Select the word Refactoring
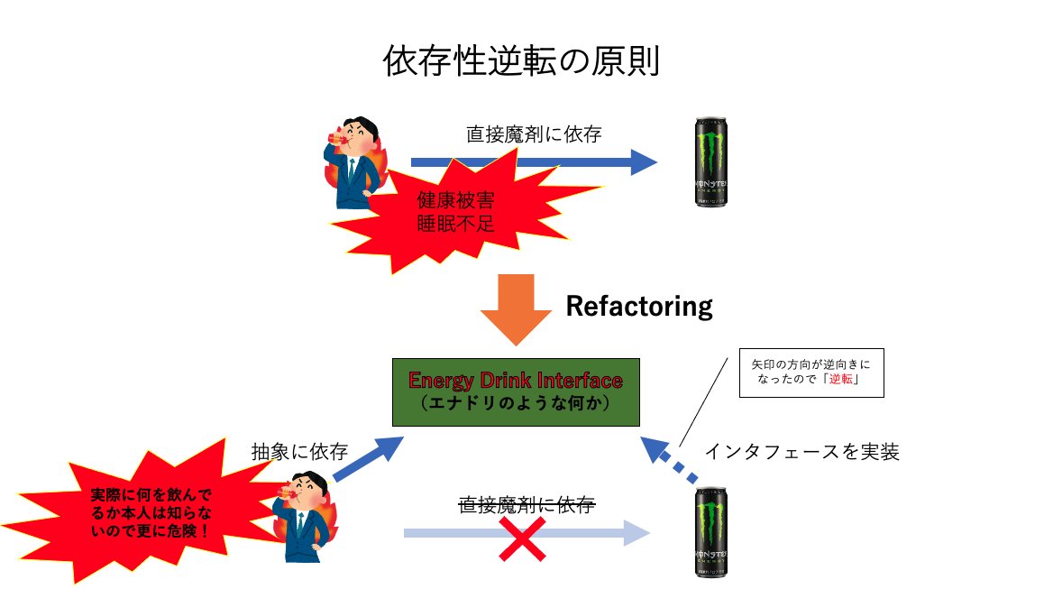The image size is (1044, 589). point(638,307)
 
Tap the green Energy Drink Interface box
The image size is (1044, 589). point(516,391)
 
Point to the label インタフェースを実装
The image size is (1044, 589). point(801,451)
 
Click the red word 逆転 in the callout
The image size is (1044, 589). point(838,381)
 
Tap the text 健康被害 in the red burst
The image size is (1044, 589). point(455,200)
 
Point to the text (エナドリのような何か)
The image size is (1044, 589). point(516,403)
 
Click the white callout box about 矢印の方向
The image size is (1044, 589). point(810,373)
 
